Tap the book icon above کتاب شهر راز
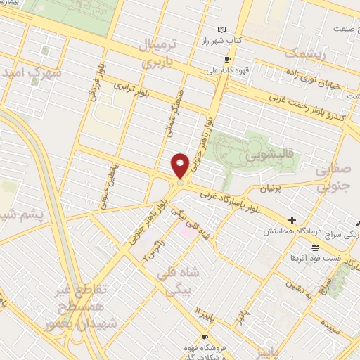coord(223,29)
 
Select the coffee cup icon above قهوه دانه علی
coord(226,59)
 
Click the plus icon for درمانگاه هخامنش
coord(292,220)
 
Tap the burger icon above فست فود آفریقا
coord(316,247)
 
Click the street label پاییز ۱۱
coord(203,308)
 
